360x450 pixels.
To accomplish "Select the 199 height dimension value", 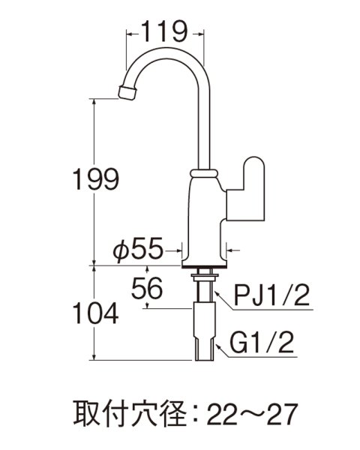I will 91,179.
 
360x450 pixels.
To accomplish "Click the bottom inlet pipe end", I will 203,352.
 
